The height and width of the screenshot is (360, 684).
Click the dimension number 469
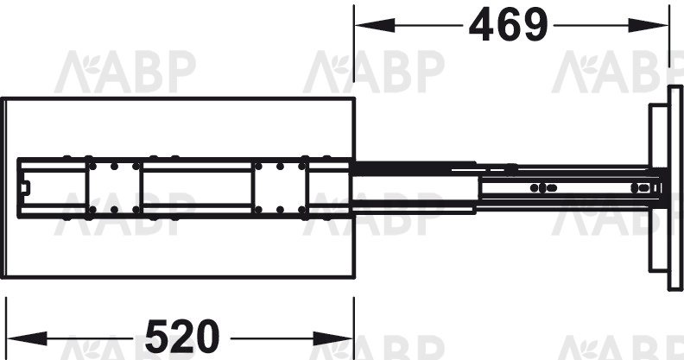508,25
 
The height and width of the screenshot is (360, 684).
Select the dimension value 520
182,337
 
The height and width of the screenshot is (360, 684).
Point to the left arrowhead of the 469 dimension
375,25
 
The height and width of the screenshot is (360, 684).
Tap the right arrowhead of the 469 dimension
648,25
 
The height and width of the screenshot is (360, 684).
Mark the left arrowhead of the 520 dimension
28,338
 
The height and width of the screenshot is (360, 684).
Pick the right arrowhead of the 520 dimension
333,338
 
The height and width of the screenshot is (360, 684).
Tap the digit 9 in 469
535,25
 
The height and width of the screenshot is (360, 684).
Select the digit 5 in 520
157,337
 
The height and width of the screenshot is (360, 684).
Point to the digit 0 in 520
206,337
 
